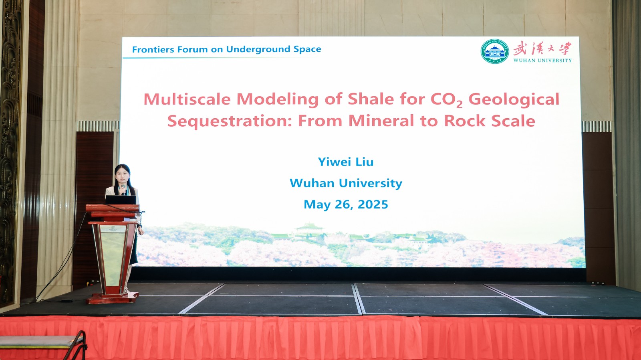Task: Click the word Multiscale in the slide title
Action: pyautogui.click(x=187, y=99)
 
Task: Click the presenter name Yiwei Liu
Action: pyautogui.click(x=346, y=162)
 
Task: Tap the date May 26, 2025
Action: pyautogui.click(x=346, y=204)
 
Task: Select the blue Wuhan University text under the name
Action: pyautogui.click(x=346, y=183)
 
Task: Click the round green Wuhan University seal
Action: pyautogui.click(x=495, y=51)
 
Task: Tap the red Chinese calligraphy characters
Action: pyautogui.click(x=542, y=48)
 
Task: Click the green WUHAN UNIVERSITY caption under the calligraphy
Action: pyautogui.click(x=542, y=61)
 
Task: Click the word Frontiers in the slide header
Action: pyautogui.click(x=153, y=50)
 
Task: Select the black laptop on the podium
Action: pyautogui.click(x=121, y=200)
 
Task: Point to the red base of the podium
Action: pyautogui.click(x=113, y=298)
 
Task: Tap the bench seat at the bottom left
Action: pyautogui.click(x=42, y=342)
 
